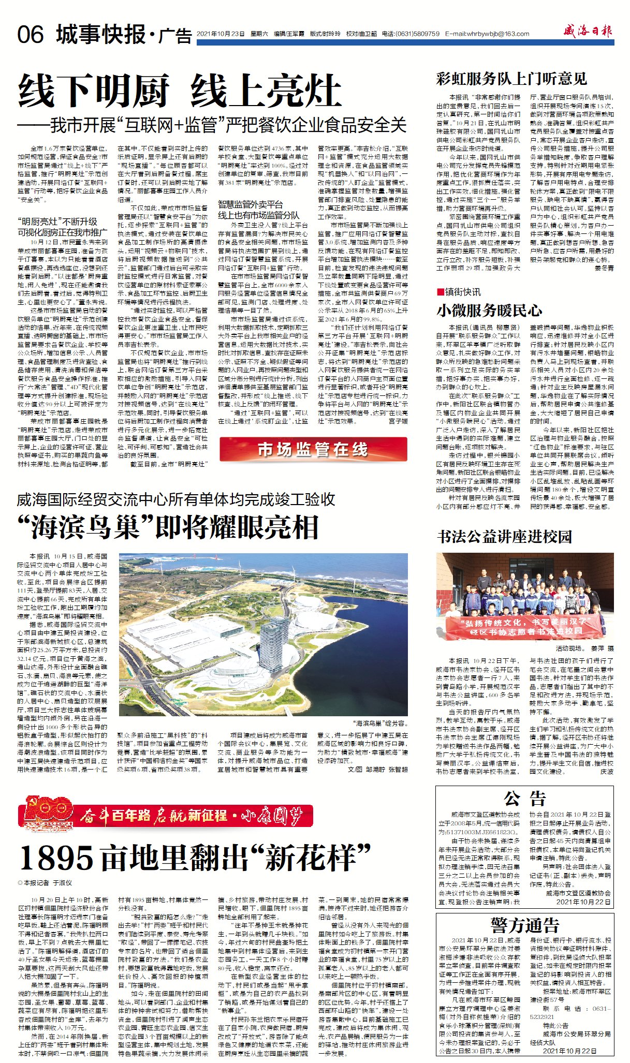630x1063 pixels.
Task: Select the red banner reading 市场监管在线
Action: pos(313,449)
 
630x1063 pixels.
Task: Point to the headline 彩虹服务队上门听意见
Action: pos(511,79)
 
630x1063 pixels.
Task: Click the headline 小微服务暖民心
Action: pos(489,310)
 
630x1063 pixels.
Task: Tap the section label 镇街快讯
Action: pos(462,292)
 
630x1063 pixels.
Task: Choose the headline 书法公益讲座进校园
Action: pos(504,537)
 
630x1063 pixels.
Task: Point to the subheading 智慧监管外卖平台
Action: pos(250,204)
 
